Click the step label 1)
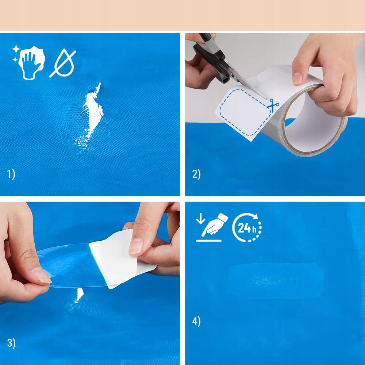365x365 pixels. pyautogui.click(x=11, y=174)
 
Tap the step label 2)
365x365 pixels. pyautogui.click(x=196, y=174)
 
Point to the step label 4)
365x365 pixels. pyautogui.click(x=196, y=322)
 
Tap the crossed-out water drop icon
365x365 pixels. pyautogui.click(x=63, y=63)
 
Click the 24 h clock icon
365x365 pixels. pyautogui.click(x=247, y=227)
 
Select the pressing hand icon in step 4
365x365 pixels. pyautogui.click(x=212, y=227)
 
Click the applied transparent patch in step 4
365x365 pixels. pyautogui.click(x=276, y=280)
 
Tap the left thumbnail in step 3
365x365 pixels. pyautogui.click(x=42, y=275)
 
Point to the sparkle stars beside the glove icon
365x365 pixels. pyautogui.click(x=16, y=53)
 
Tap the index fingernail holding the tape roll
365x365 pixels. pyautogui.click(x=297, y=78)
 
